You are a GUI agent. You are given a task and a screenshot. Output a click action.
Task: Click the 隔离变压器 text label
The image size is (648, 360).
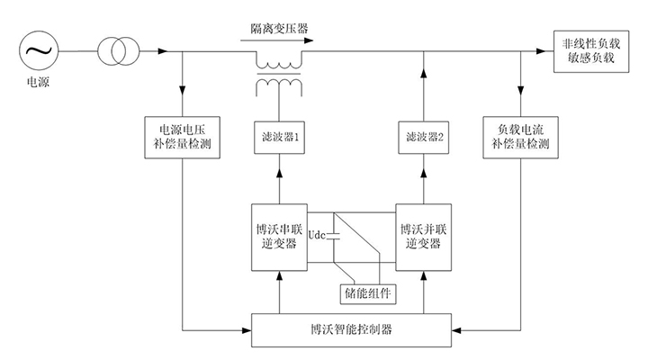click(x=279, y=29)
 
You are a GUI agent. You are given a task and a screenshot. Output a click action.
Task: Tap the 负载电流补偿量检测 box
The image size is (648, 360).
click(x=522, y=134)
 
